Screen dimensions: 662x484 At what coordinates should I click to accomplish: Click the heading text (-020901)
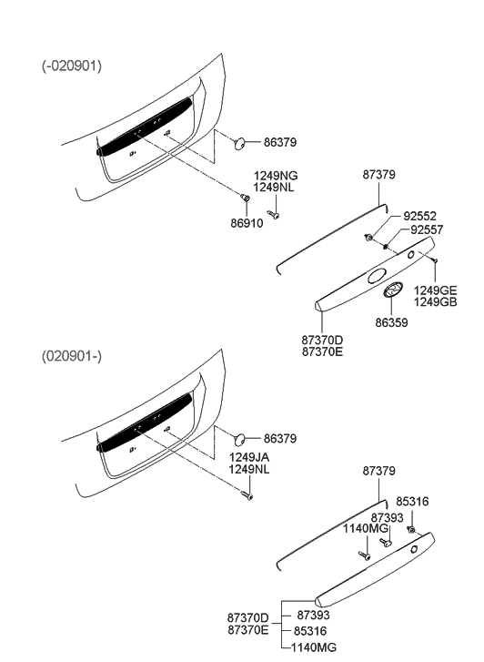72,66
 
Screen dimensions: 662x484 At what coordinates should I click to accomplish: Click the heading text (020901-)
72,354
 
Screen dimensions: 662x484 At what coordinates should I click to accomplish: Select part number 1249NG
276,176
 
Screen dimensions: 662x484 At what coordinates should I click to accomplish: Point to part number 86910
246,222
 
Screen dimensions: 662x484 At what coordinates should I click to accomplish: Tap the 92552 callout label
422,218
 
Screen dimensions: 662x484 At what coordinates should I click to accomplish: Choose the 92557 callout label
426,230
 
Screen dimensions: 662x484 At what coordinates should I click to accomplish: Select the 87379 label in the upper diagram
378,174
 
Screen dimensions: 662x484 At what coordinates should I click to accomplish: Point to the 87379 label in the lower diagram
378,471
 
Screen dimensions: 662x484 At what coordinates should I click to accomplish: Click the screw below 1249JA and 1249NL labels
247,494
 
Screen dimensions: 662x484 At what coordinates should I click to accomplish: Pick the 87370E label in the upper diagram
322,351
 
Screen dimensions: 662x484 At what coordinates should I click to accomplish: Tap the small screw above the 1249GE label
437,261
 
